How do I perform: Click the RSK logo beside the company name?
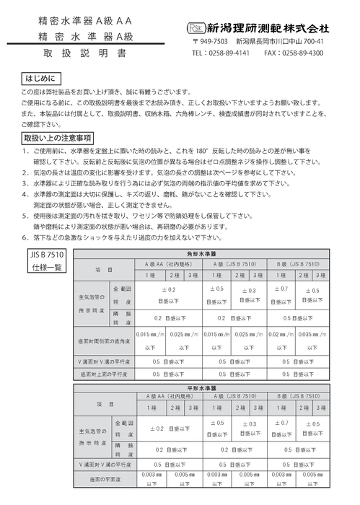coord(193,28)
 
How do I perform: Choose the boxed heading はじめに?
coord(42,76)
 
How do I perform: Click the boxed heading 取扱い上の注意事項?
coord(57,138)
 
